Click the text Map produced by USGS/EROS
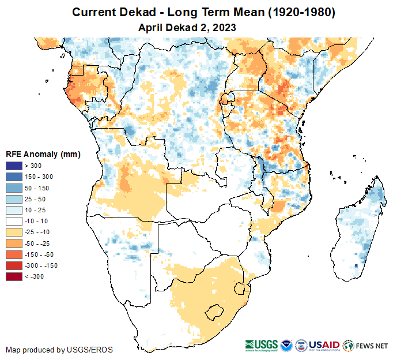[59, 350]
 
